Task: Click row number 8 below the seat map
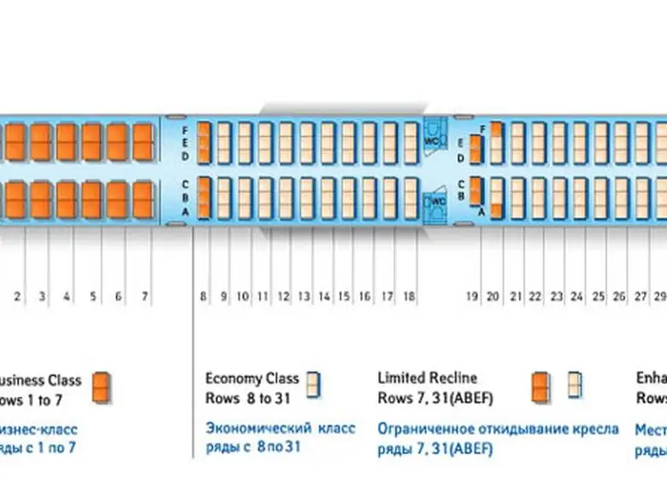click(204, 297)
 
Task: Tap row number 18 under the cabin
click(409, 297)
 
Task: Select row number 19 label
click(471, 297)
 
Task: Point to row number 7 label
click(145, 297)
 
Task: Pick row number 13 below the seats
click(304, 297)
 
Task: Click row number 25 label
click(599, 297)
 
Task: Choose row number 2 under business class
click(17, 297)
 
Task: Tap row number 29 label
click(659, 297)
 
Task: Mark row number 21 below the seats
click(516, 297)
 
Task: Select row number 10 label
click(243, 297)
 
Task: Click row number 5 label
click(93, 297)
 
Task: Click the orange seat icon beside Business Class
click(102, 387)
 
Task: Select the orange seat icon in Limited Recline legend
click(540, 387)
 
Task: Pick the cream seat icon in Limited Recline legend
click(576, 387)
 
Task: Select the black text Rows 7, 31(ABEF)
click(435, 399)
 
